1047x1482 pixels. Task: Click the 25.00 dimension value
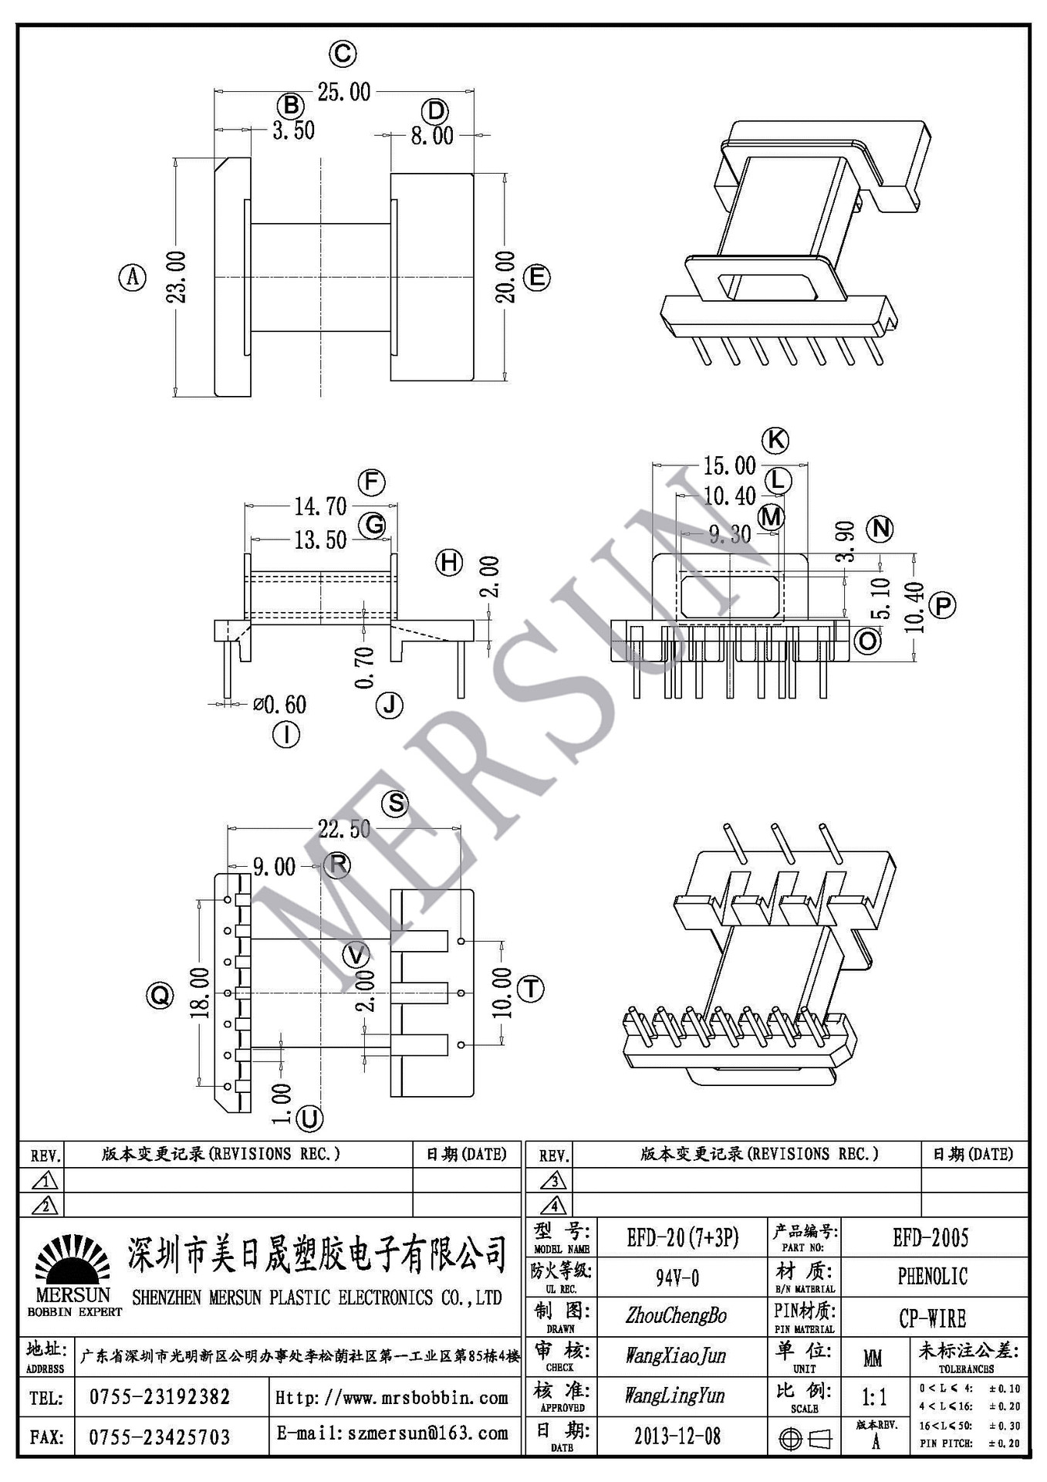(344, 92)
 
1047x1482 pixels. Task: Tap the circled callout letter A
(132, 276)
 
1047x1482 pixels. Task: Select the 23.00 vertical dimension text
(177, 276)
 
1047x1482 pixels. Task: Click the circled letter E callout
(536, 277)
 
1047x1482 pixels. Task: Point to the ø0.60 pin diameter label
(279, 704)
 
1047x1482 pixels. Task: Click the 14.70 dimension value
(320, 506)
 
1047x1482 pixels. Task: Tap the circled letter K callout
(775, 440)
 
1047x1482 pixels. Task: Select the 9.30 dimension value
(729, 534)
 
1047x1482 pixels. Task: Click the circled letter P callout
(942, 605)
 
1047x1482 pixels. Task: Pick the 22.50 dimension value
(344, 829)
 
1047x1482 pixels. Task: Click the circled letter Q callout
(160, 996)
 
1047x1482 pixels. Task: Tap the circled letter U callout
(309, 1118)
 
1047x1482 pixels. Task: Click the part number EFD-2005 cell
(930, 1238)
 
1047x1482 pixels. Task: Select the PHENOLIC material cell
(932, 1277)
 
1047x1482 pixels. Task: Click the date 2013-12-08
(677, 1436)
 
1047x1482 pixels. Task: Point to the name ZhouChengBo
(676, 1316)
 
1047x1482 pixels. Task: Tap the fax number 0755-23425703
(160, 1436)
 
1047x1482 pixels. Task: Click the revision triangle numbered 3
(553, 1180)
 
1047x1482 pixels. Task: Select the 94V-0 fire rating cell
(677, 1278)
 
